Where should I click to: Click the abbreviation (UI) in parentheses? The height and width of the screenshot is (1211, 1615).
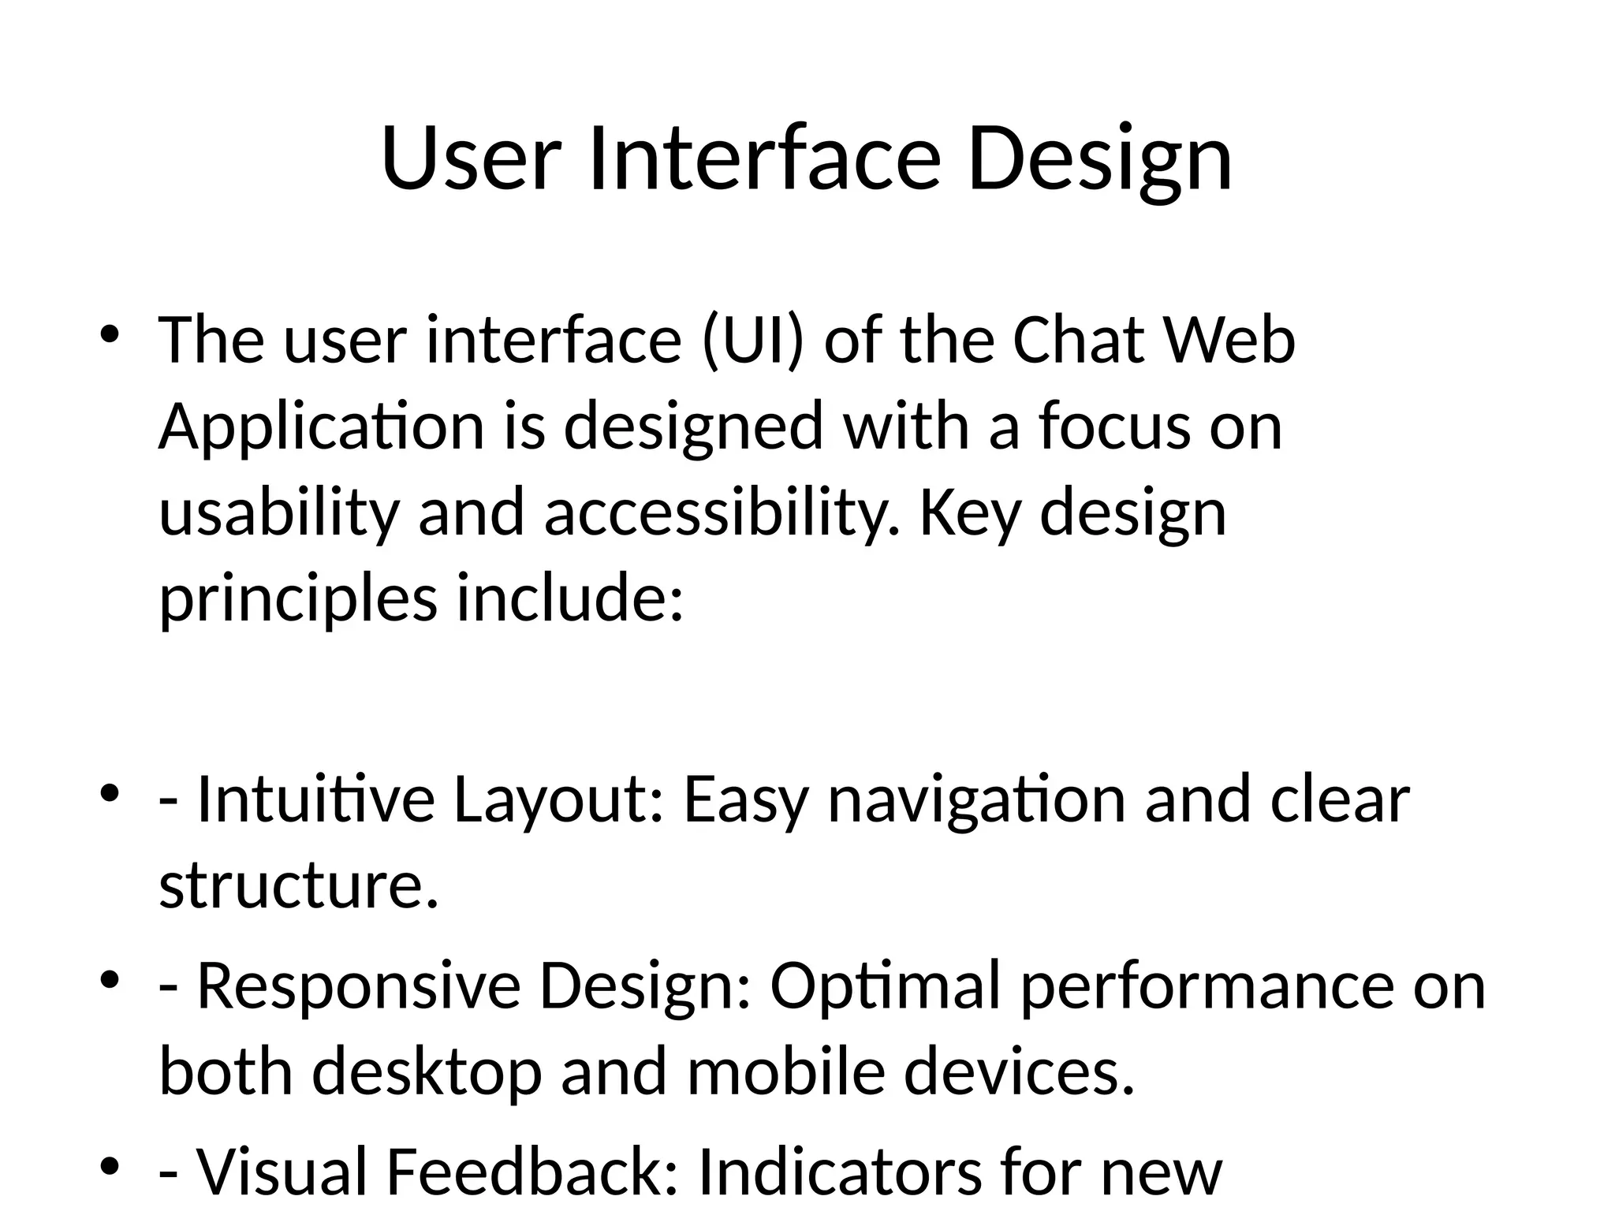(x=752, y=341)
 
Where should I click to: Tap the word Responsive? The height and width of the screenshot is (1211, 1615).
(x=358, y=987)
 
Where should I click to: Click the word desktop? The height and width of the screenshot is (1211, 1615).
(x=427, y=1073)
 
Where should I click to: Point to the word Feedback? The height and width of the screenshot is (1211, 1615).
(x=531, y=1172)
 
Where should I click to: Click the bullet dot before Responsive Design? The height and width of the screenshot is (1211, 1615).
(x=110, y=981)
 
